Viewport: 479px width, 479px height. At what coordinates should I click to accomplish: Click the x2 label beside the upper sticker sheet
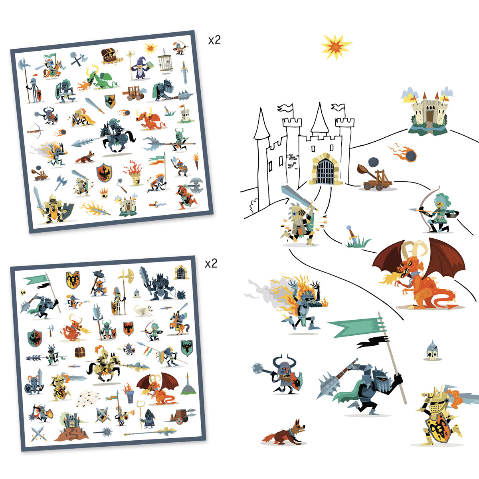tap(214, 40)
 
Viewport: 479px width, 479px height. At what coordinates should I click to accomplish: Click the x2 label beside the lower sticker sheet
tap(211, 263)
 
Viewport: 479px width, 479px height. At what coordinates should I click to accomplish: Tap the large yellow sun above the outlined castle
tap(336, 47)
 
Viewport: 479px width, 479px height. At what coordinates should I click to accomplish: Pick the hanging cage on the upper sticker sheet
tap(165, 61)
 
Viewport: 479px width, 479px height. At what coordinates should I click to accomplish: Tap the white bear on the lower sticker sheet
tap(144, 311)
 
